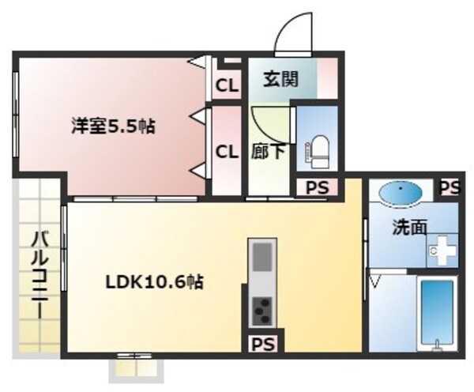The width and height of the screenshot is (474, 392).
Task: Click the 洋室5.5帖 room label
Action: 112,127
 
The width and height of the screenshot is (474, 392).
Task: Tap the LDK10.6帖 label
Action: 156,282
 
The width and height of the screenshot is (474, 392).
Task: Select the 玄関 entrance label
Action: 280,80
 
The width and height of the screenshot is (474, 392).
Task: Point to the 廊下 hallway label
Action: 269,150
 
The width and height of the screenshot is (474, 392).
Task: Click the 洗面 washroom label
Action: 411,227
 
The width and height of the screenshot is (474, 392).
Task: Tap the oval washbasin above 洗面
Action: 400,193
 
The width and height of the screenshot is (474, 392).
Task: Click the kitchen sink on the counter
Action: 262,256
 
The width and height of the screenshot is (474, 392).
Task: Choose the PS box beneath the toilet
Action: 316,188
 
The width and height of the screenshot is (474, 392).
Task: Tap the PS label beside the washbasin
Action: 449,187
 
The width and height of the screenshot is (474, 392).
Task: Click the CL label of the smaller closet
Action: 228,84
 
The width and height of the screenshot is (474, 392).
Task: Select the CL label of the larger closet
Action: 228,151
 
